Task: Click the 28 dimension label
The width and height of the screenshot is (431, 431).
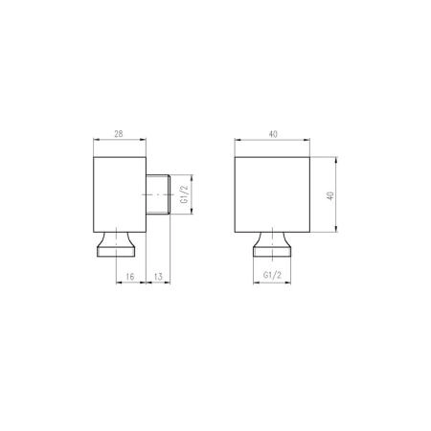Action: click(x=119, y=134)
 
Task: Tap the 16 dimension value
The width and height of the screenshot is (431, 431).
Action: click(x=130, y=277)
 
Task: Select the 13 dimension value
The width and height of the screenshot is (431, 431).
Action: click(x=158, y=277)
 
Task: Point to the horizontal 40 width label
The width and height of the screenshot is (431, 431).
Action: click(x=273, y=134)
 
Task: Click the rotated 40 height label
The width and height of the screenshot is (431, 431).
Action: click(x=330, y=195)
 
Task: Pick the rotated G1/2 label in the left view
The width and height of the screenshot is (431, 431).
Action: click(x=185, y=194)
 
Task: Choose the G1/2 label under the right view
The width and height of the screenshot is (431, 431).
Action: click(x=272, y=275)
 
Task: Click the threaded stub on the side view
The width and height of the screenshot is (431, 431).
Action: click(x=158, y=194)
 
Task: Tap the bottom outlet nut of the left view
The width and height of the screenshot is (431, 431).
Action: click(x=116, y=244)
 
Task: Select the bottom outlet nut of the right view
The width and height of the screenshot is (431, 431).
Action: click(x=272, y=244)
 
